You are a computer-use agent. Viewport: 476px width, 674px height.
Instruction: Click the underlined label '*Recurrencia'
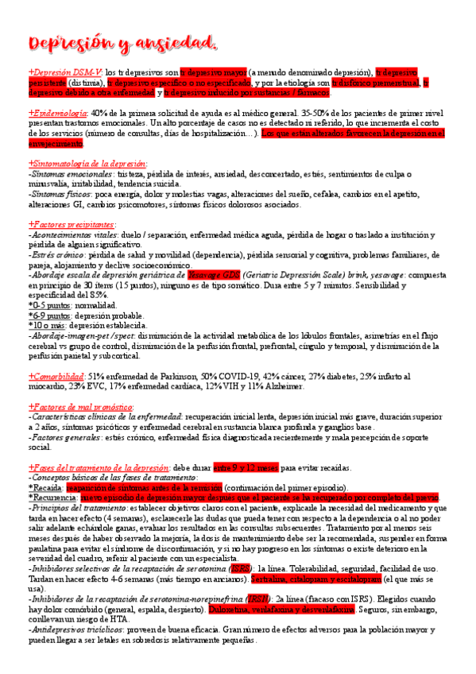(x=51, y=498)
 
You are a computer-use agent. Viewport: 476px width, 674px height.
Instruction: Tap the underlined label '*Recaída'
(x=45, y=487)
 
